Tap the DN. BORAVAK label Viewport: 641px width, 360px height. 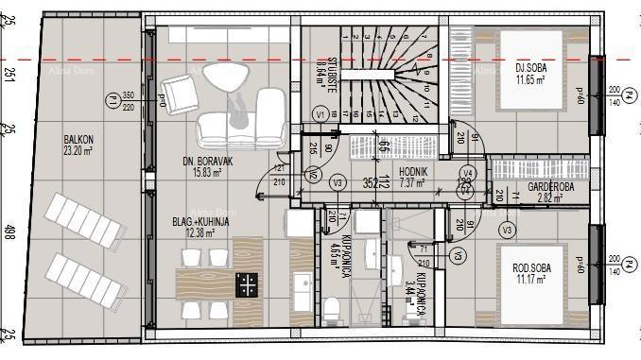pyautogui.click(x=201, y=163)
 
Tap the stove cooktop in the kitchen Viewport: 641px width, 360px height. pyautogui.click(x=247, y=284)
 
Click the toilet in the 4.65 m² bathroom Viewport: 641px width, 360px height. pyautogui.click(x=332, y=309)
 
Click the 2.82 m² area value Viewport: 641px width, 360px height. pyautogui.click(x=544, y=199)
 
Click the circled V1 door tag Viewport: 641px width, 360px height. pyautogui.click(x=320, y=114)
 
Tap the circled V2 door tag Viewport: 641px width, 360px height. pyautogui.click(x=313, y=175)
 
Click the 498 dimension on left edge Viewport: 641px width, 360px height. pyautogui.click(x=8, y=230)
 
